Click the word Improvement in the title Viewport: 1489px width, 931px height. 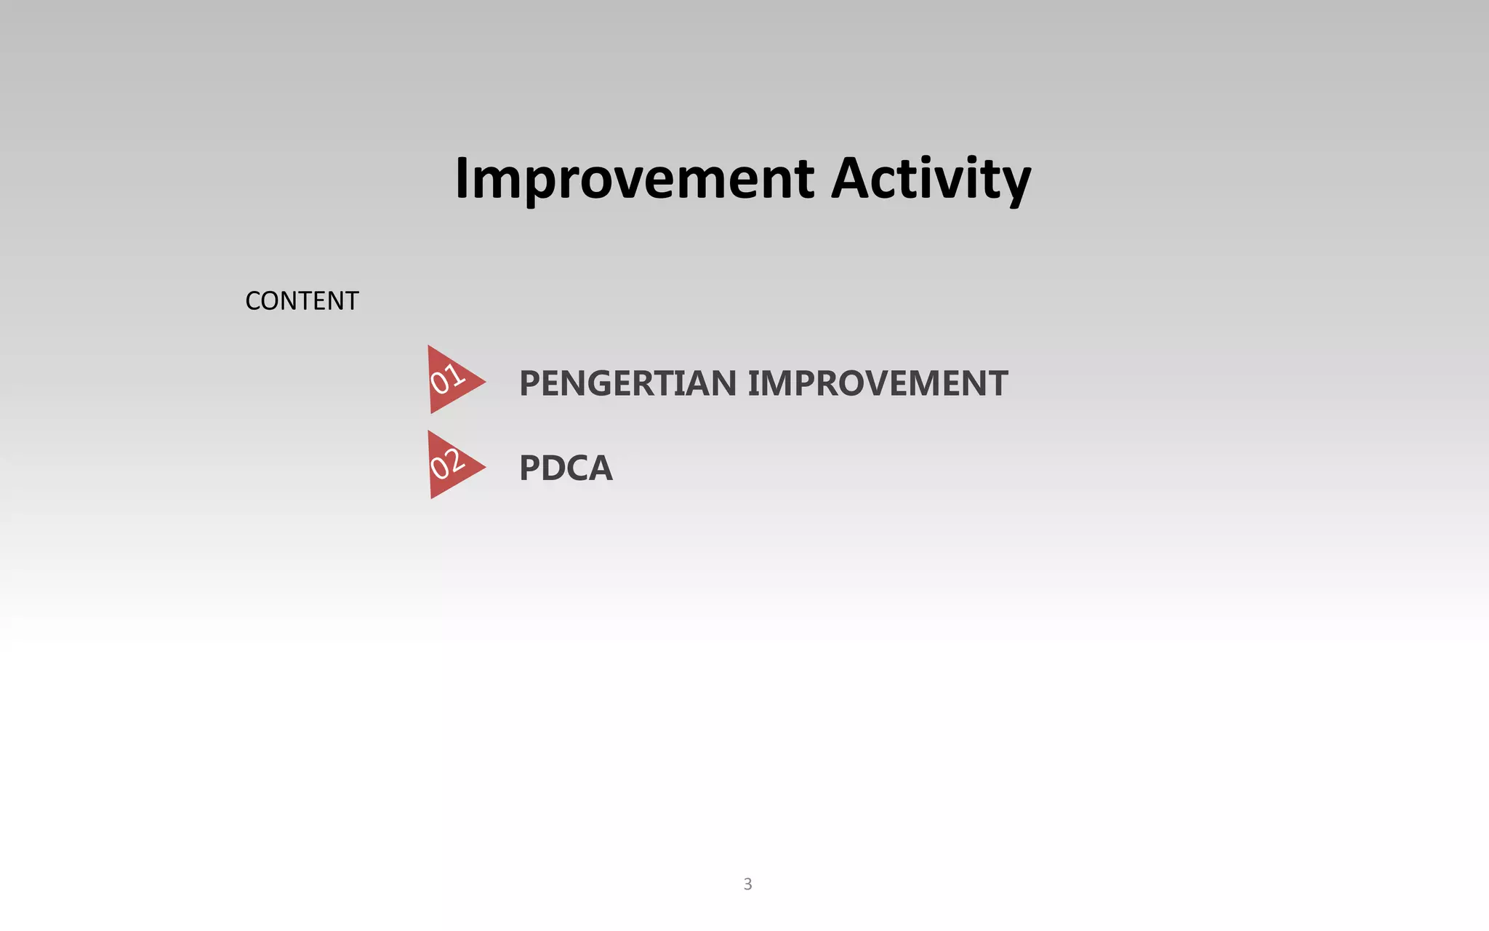(634, 179)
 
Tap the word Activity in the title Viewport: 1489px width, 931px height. (931, 179)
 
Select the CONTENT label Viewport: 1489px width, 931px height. (302, 301)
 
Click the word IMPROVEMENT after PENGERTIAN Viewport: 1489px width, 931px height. (878, 383)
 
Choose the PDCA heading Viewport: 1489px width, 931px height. (566, 468)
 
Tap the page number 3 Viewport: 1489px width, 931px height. (747, 884)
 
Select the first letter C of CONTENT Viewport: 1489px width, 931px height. (253, 301)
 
